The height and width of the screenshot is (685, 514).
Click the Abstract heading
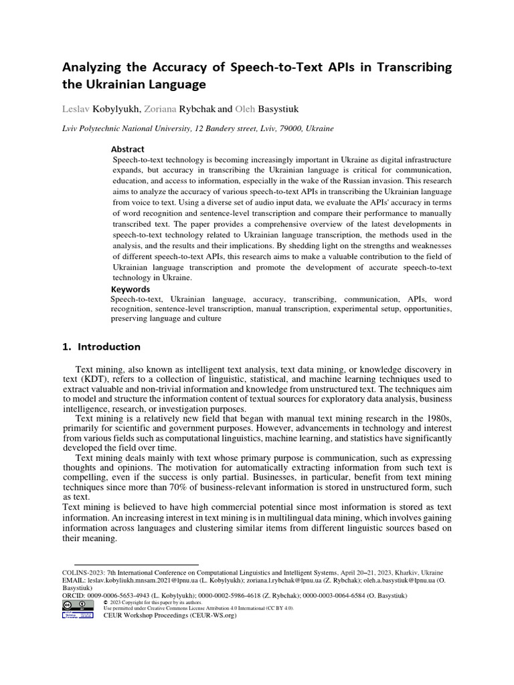coord(127,149)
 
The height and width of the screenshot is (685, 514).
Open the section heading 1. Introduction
coord(101,347)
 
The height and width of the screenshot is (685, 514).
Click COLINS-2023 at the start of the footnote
coord(84,574)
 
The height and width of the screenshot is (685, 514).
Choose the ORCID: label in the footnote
coord(75,596)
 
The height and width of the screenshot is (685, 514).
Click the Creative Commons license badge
coord(78,604)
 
